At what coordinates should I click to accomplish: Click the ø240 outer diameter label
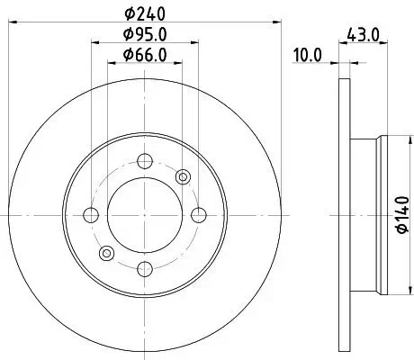(145, 13)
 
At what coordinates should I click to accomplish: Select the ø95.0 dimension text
(145, 36)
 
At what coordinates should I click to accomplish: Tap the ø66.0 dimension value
(145, 58)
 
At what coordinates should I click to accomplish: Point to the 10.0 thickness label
(308, 56)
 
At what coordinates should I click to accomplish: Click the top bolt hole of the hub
(145, 161)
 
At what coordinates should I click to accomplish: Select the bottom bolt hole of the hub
(145, 267)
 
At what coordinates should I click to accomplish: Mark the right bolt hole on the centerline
(198, 214)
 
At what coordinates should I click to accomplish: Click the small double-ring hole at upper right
(183, 176)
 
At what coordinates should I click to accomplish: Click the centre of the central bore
(145, 214)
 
